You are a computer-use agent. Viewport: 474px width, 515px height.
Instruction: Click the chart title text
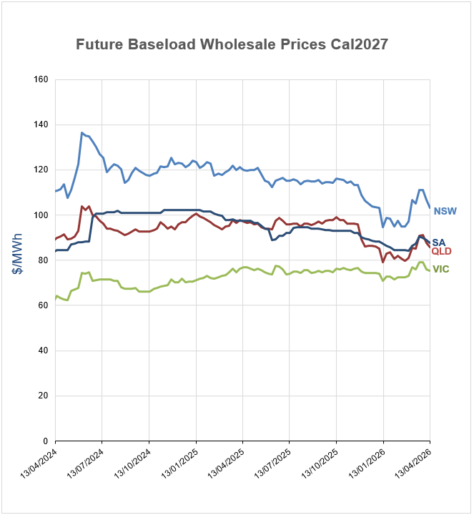point(232,44)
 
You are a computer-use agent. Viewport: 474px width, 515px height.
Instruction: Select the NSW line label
point(445,211)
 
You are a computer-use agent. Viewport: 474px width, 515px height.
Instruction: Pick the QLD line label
point(442,251)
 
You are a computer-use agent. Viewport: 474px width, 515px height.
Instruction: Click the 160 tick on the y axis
point(40,79)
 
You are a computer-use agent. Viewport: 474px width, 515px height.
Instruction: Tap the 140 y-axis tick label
point(40,124)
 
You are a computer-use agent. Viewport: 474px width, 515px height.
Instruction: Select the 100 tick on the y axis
point(40,215)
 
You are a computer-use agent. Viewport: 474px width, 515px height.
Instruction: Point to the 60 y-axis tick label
point(42,305)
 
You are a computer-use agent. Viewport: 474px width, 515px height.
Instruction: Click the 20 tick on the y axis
point(42,396)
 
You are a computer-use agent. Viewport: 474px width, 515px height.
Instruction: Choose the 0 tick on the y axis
point(44,441)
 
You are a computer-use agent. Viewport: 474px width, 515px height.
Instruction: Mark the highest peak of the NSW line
point(82,132)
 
